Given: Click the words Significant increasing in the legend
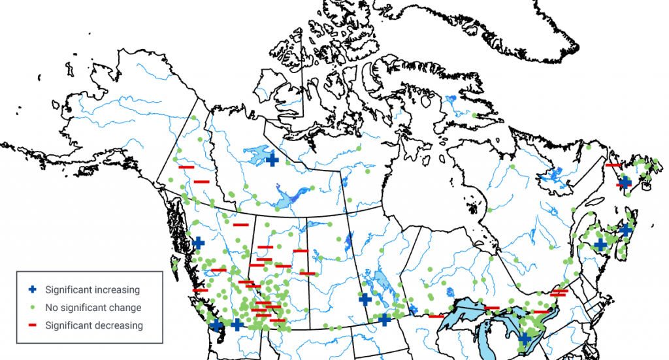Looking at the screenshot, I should (92, 289).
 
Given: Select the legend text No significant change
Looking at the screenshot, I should (93, 307).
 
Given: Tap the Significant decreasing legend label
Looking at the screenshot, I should (94, 325).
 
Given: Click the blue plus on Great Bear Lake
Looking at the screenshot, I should (272, 159).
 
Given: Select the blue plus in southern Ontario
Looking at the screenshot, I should (525, 338).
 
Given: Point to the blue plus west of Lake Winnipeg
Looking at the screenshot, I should (365, 299).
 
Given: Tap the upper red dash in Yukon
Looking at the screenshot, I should (186, 168).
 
